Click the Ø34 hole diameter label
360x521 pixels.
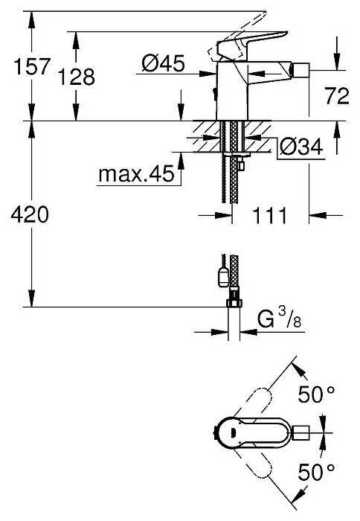coord(302,147)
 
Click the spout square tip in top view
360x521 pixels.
coord(303,432)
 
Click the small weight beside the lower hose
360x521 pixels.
coord(222,277)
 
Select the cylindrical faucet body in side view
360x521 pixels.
coord(231,93)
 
